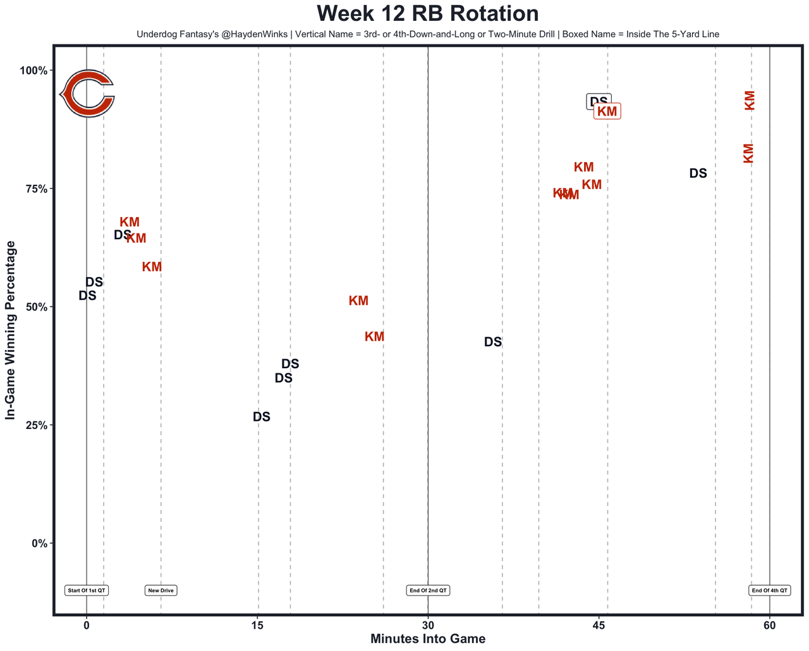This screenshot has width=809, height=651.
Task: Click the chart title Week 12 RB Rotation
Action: coord(428,14)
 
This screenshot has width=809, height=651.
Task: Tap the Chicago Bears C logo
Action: coord(87,94)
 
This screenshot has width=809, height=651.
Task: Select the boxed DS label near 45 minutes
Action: coord(599,102)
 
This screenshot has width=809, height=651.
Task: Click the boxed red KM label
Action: coord(607,111)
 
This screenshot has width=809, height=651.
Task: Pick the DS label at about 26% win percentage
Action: coord(262,417)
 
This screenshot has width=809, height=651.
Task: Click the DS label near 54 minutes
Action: coord(698,173)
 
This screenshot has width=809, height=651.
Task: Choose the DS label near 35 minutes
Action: coord(493,342)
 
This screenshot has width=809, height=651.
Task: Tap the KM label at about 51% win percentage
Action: coord(358,301)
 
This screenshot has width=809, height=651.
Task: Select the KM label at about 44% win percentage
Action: coord(375,337)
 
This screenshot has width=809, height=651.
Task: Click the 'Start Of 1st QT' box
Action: coord(87,590)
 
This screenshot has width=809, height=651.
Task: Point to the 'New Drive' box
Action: coord(161,590)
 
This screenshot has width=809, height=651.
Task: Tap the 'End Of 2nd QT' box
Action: coord(428,590)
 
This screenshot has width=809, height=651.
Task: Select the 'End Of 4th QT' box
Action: coord(770,590)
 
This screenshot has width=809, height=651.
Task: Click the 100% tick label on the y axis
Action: coord(35,70)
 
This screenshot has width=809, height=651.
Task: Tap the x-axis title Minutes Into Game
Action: coord(428,639)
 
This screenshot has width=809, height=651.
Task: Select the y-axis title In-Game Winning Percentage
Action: coord(11,330)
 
